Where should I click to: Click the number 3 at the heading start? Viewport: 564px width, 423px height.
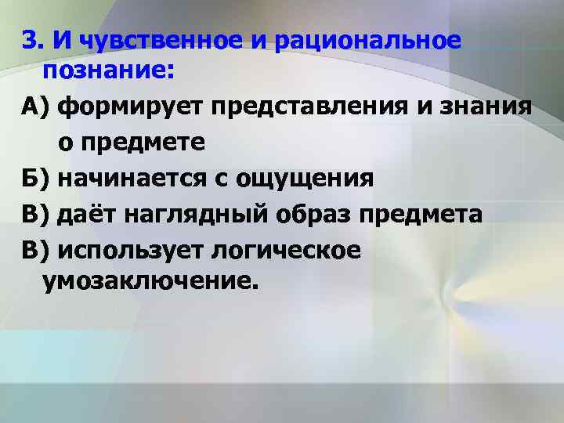pos(29,41)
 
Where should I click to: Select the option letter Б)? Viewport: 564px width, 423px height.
pos(35,178)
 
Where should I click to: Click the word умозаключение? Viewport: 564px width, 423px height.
pos(150,280)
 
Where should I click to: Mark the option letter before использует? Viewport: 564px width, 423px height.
pos(35,250)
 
